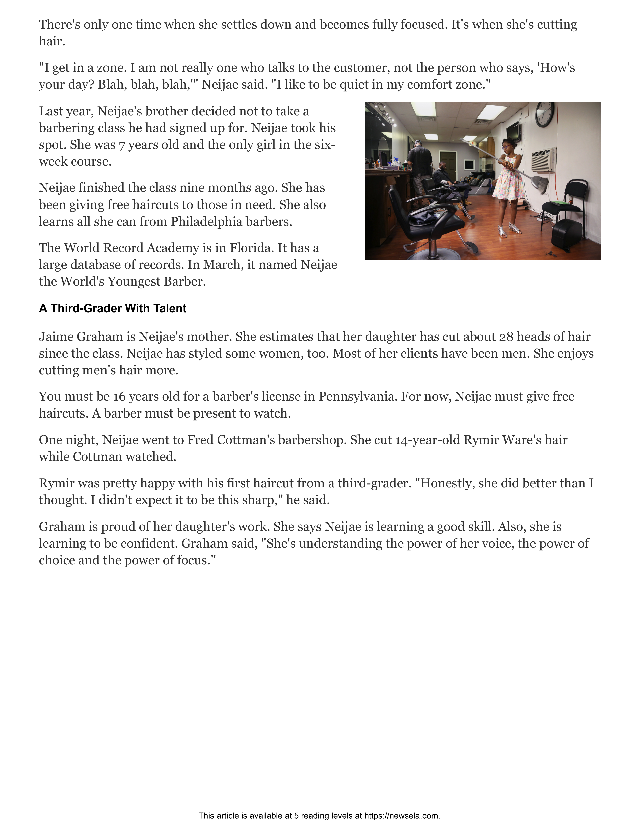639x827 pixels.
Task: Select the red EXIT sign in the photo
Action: [x=473, y=143]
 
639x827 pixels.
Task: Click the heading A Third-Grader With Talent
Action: [x=113, y=308]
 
